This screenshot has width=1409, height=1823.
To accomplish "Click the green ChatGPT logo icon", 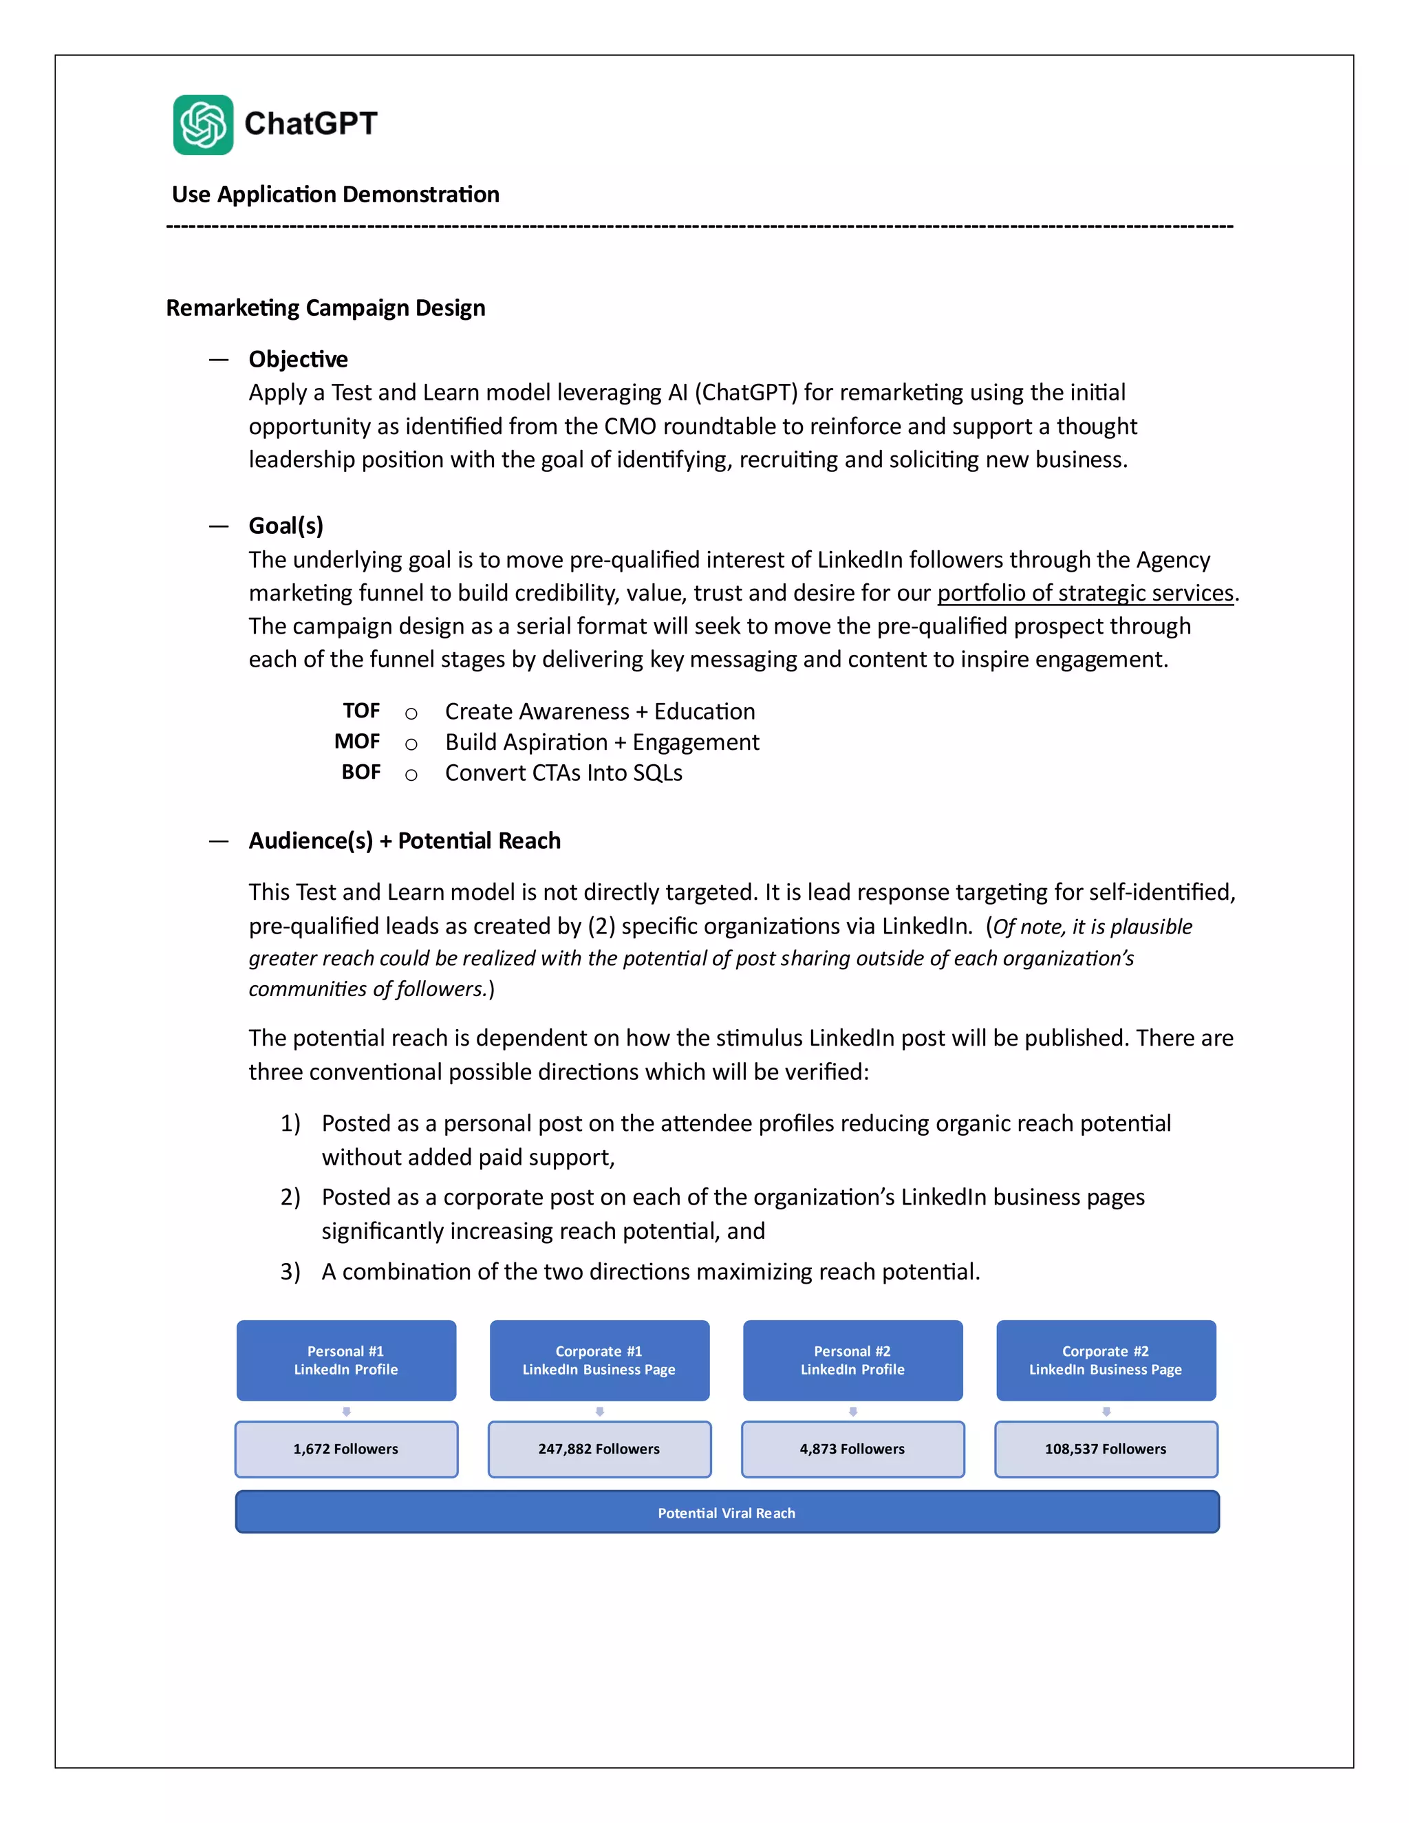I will tap(203, 125).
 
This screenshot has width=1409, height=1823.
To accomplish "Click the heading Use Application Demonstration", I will tap(336, 195).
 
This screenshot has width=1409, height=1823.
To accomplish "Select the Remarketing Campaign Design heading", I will tap(325, 308).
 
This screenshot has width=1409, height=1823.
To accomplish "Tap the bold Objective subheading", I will tap(298, 359).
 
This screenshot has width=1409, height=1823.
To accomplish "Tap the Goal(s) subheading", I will tap(286, 526).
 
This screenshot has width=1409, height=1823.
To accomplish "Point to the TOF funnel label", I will tap(361, 711).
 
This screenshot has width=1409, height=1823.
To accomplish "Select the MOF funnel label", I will tap(356, 742).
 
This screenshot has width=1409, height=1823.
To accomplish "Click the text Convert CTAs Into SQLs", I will tap(563, 773).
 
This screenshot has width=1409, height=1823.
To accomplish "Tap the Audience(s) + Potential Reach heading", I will tap(404, 841).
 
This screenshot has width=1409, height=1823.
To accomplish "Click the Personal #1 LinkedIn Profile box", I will tap(345, 1360).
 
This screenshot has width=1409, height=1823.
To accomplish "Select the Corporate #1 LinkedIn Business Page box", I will tap(599, 1360).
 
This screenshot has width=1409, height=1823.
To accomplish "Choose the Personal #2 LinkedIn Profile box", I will tap(852, 1360).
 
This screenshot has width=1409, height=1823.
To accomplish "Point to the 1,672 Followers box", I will tap(345, 1449).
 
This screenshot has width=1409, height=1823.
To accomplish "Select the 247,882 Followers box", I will tap(599, 1449).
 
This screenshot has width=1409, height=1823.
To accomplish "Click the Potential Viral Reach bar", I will tap(727, 1513).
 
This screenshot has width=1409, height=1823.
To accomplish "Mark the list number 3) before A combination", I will tap(290, 1271).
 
